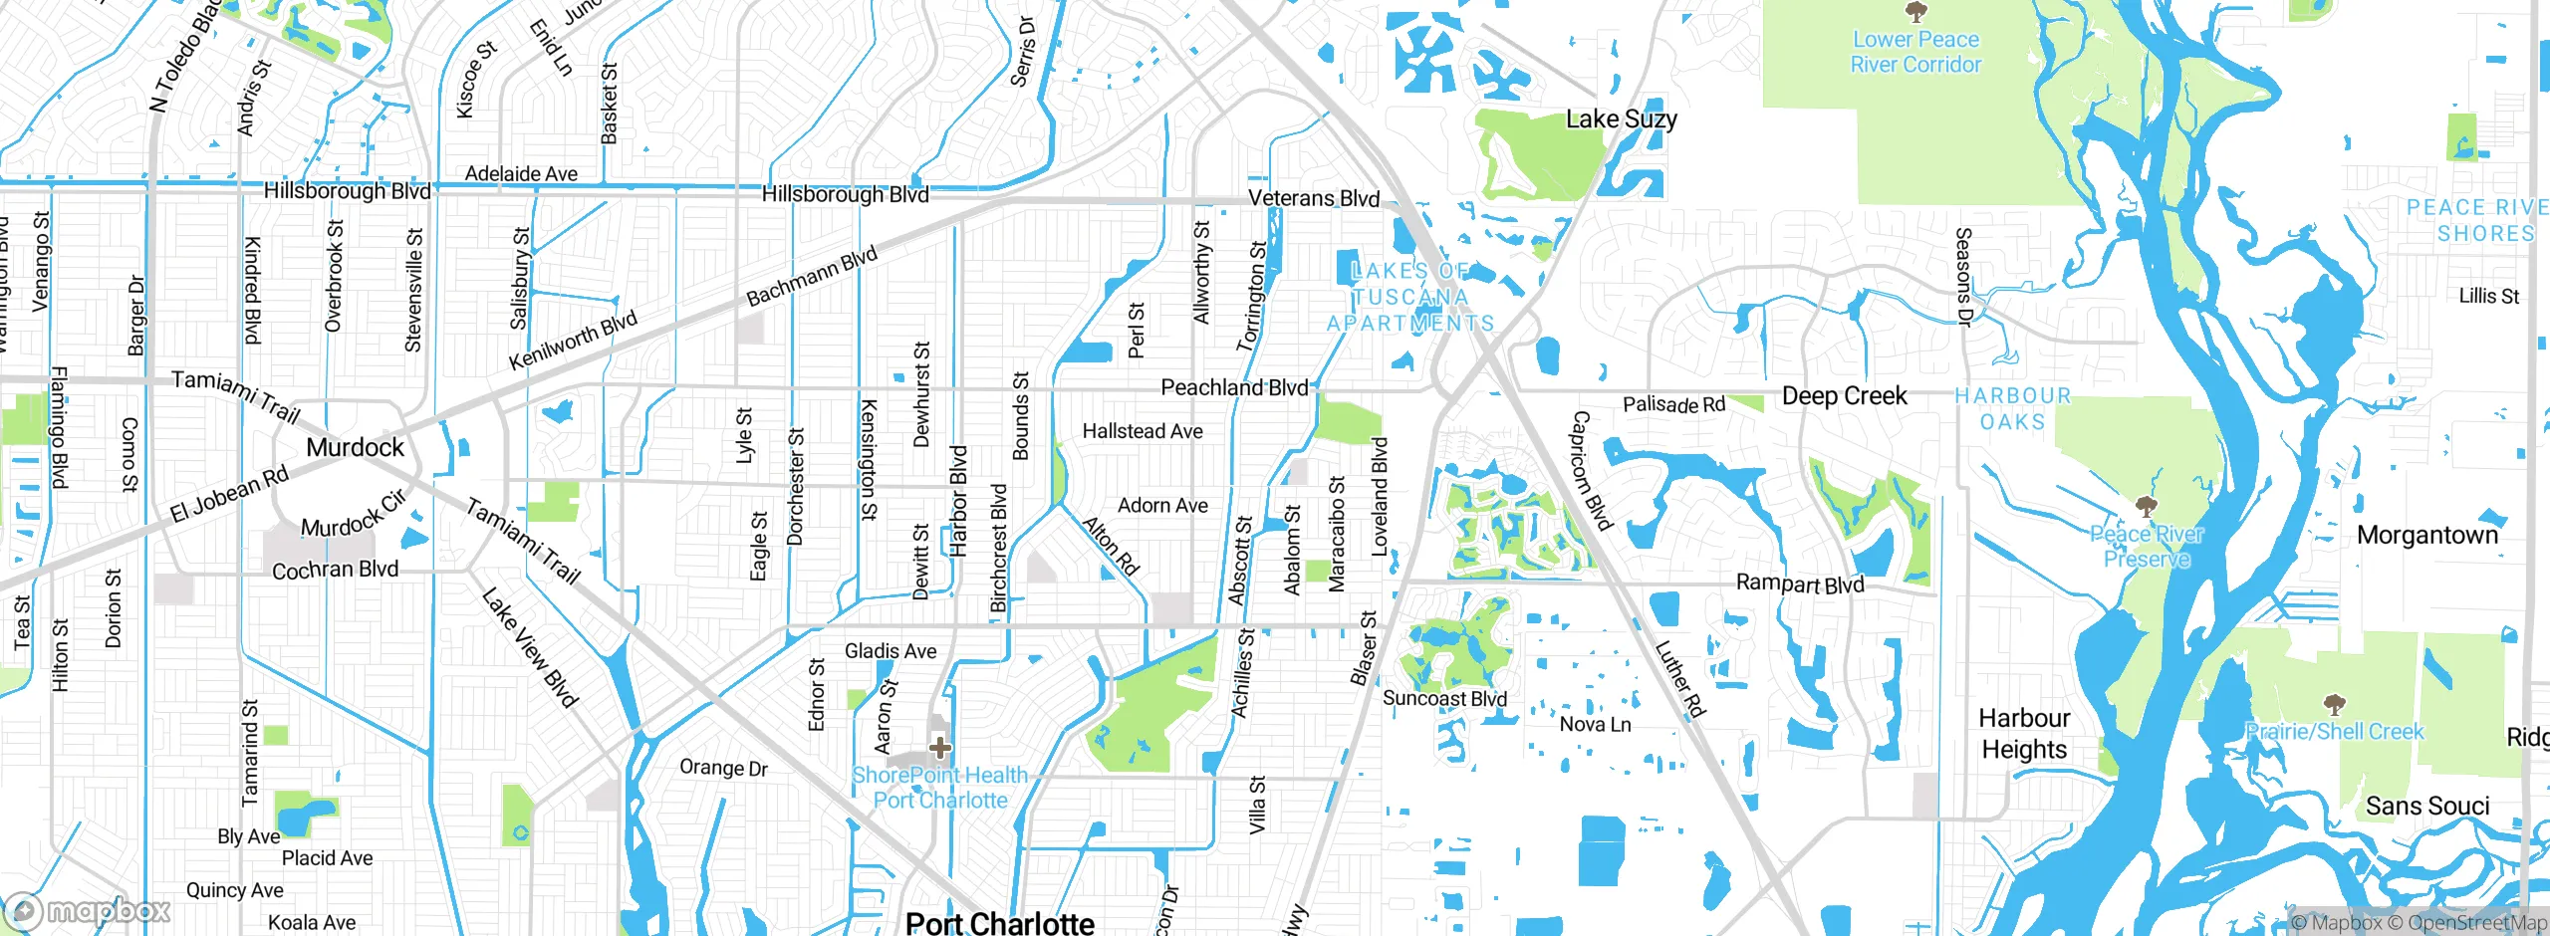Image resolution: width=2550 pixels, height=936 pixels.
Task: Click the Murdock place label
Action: coord(355,447)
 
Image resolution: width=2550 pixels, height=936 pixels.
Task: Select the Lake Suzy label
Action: coord(1621,119)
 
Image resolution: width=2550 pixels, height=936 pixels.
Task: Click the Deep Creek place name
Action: coord(1844,396)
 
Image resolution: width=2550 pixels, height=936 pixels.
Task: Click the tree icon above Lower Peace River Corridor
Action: coord(1914,12)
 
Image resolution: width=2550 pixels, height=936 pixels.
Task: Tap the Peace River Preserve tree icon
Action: coord(2147,506)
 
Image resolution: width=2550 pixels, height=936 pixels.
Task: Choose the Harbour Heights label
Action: coord(2024,733)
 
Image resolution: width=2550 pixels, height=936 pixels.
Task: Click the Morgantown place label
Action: coord(2427,536)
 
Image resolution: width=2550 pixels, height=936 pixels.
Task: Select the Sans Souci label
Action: coord(2427,806)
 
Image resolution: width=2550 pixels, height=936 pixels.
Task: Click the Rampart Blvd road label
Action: coord(1799,584)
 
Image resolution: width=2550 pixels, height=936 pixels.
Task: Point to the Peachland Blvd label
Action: coord(1234,387)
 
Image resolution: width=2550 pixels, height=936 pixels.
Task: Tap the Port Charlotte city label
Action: coord(999,923)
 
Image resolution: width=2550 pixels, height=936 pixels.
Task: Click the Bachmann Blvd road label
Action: coord(811,276)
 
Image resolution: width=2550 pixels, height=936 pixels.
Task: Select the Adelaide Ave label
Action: coord(521,174)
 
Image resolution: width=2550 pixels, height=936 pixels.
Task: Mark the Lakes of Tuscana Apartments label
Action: coord(1410,297)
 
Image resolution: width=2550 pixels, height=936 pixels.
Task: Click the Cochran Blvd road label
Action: coord(335,570)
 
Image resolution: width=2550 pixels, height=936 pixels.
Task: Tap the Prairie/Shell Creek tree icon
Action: coord(2333,705)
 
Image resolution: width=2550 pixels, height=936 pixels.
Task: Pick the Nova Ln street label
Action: coord(1595,725)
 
